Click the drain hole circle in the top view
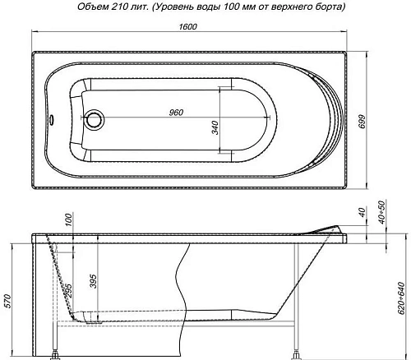click(x=94, y=120)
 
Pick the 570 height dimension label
click(x=9, y=299)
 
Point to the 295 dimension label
click(x=68, y=289)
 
